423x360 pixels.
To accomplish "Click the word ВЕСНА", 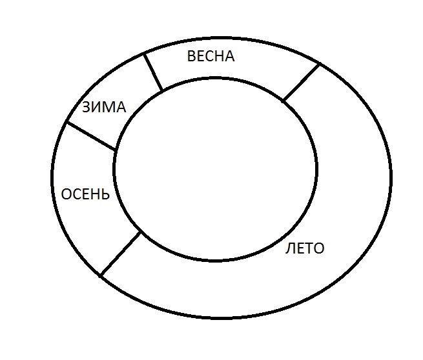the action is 211,56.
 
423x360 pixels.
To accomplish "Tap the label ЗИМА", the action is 104,107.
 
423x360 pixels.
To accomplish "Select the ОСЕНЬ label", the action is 85,194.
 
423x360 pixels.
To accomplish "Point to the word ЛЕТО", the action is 305,248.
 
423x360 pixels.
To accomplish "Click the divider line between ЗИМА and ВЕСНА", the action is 153,72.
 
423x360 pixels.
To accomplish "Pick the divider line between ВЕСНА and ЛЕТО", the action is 302,82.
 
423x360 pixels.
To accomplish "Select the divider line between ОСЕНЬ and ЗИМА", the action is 91,135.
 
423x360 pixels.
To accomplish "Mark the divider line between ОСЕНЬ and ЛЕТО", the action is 120,254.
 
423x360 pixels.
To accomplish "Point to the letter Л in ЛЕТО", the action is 290,248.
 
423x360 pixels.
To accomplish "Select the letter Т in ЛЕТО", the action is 308,248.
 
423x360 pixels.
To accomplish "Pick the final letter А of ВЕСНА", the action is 229,56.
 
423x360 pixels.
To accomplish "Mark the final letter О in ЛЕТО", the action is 319,248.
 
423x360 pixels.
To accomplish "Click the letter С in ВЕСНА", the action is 209,56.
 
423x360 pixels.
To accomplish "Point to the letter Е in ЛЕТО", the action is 299,248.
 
